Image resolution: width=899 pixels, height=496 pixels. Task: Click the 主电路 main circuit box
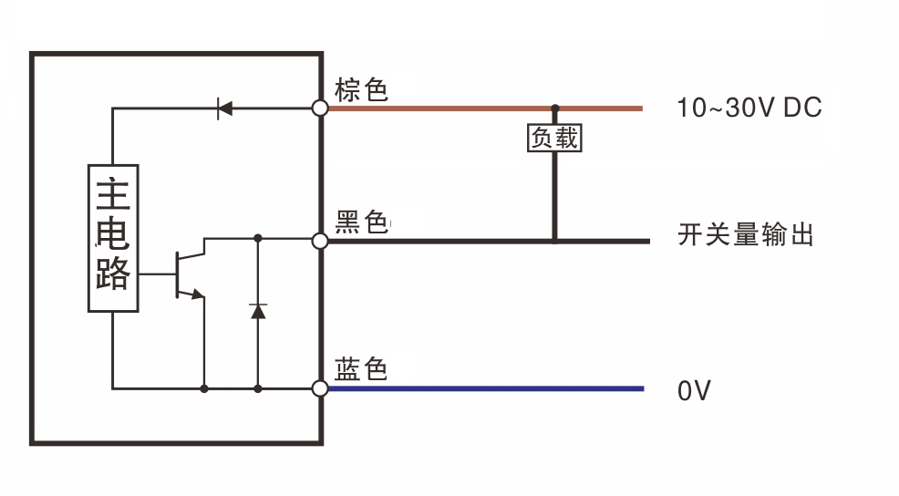(x=113, y=238)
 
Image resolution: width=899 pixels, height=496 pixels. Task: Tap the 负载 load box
(x=554, y=139)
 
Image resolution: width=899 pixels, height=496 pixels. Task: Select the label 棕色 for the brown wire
(x=362, y=90)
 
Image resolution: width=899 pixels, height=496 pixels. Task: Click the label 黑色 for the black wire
(x=362, y=222)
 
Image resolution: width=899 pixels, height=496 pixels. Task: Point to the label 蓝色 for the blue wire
(x=362, y=369)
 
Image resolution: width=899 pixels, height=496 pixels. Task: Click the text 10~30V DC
(x=749, y=108)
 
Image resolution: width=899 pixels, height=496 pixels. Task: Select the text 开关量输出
(x=745, y=236)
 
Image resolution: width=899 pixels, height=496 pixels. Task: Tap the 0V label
(x=694, y=391)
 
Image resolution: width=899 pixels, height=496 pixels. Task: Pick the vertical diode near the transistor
(x=258, y=312)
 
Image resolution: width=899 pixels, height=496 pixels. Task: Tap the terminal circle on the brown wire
(x=320, y=108)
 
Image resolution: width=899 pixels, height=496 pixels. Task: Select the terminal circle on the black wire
(x=320, y=241)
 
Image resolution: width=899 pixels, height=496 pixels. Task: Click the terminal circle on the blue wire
(x=320, y=388)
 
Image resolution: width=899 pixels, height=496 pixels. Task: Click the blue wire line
(x=483, y=388)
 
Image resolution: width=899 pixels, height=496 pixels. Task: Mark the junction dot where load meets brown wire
(x=554, y=108)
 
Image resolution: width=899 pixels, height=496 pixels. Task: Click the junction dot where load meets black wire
(x=554, y=241)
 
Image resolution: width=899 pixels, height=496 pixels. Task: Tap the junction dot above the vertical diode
(x=258, y=239)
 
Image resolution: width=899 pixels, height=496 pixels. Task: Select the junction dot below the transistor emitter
(x=204, y=388)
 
